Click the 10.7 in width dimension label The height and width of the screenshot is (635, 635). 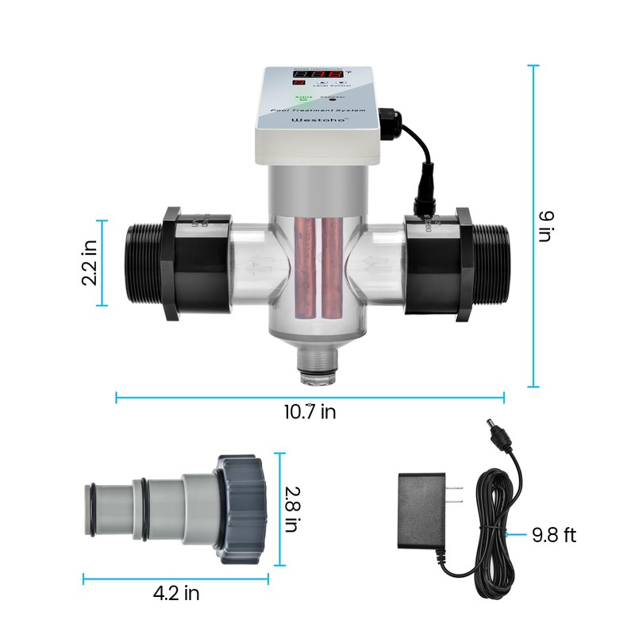[x=310, y=412]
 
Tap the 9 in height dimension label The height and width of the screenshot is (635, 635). [x=545, y=226]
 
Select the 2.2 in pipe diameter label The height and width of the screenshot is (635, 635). [x=90, y=263]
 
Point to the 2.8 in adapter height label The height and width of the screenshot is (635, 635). [x=291, y=509]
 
